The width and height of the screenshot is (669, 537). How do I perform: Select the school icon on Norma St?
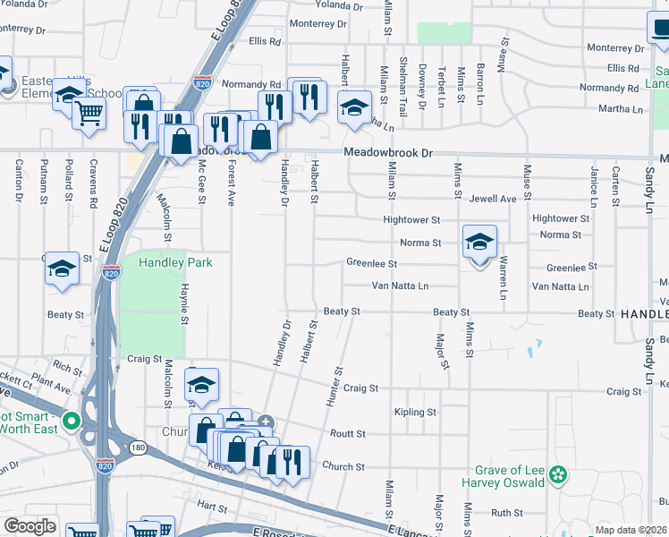pos(479,243)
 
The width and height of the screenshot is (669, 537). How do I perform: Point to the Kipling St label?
pos(415,413)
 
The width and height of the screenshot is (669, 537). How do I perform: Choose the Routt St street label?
pos(348,434)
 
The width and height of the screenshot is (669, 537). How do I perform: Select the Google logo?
pos(30,526)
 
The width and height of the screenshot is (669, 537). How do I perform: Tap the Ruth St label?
pos(506,513)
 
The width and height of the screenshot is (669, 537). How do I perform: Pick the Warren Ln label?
pos(504,277)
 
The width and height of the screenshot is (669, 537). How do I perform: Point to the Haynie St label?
pos(184,304)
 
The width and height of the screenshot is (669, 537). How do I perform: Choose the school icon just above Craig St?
pos(202,385)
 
